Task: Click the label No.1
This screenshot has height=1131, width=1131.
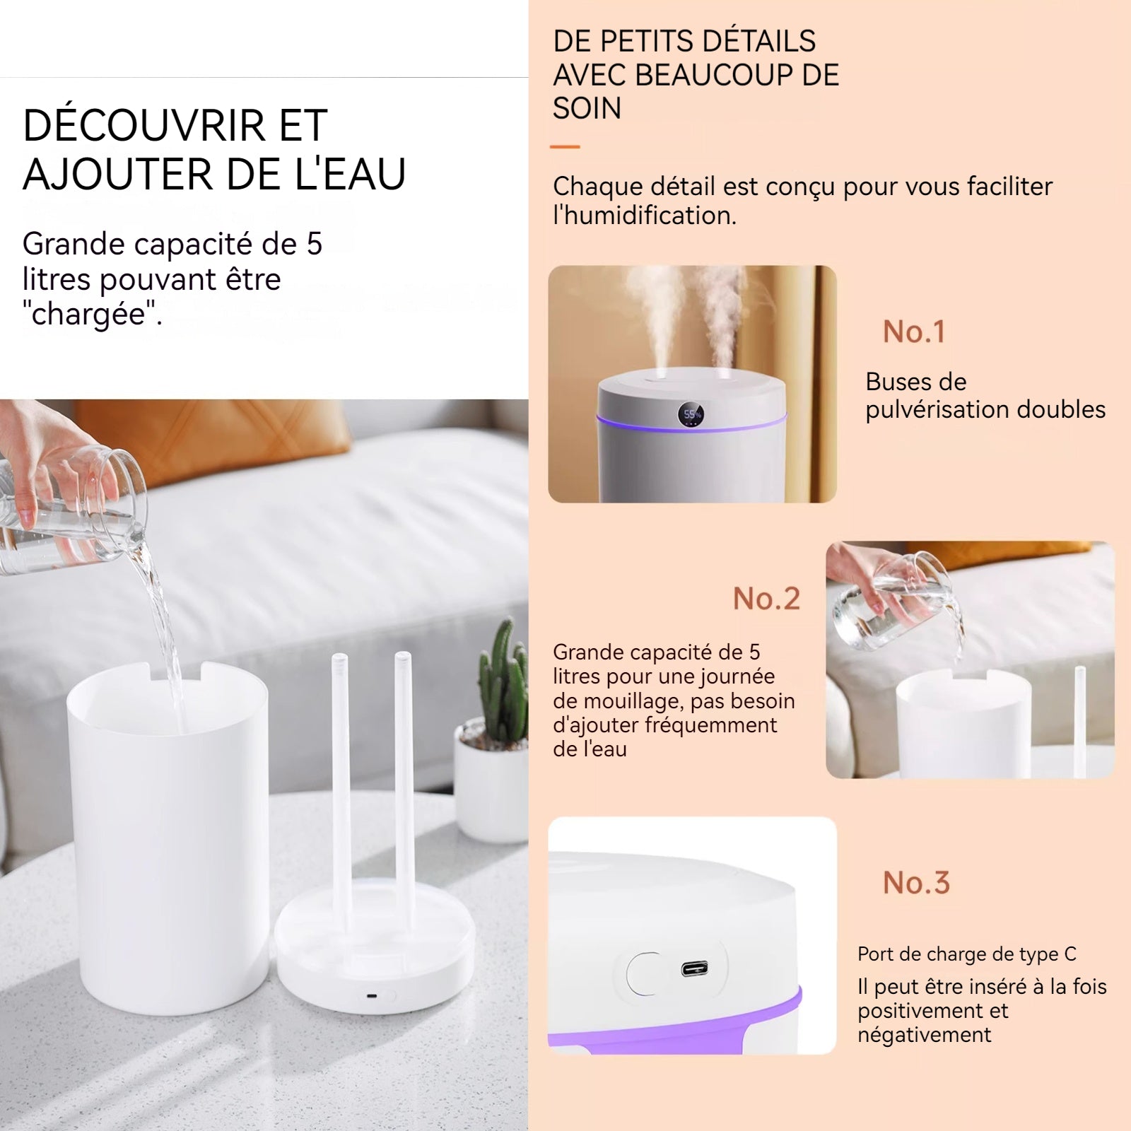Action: point(913,332)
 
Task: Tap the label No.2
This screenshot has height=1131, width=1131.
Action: point(766,599)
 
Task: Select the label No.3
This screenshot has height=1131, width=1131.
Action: point(916,882)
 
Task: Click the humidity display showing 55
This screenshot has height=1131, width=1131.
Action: point(691,414)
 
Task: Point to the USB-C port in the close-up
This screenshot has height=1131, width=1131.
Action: point(695,969)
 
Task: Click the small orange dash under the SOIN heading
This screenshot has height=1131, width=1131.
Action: point(565,147)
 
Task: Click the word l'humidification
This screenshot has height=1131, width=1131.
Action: point(645,216)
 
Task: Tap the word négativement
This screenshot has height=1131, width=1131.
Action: point(925,1035)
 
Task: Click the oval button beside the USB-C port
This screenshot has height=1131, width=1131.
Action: point(642,973)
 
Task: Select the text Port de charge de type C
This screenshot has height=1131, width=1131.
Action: point(966,954)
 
